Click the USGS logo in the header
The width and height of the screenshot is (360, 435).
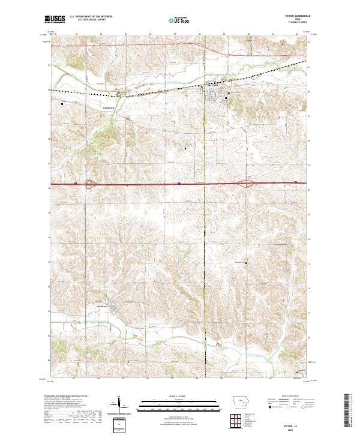pos(55,19)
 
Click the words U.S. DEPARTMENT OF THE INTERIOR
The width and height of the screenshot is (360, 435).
pos(91,17)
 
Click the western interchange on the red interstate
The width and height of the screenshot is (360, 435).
pos(91,184)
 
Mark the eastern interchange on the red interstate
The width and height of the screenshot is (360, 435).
pos(247,184)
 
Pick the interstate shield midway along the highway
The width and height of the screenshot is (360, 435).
pos(179,184)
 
